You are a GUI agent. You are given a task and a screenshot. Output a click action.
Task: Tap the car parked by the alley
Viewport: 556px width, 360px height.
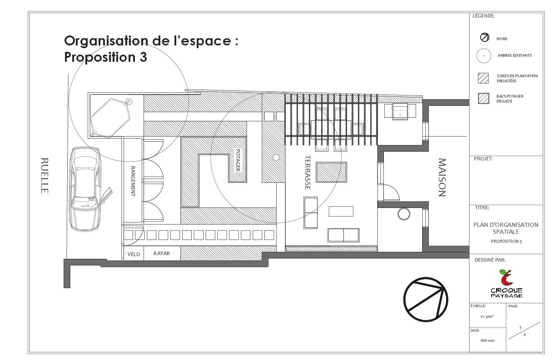tap(85, 188)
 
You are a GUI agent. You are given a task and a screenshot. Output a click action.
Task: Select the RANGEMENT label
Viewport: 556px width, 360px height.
tap(133, 181)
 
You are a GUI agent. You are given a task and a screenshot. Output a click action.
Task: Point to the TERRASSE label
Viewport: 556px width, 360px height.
tap(308, 173)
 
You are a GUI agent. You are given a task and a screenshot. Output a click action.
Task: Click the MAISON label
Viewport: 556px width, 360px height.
tap(442, 177)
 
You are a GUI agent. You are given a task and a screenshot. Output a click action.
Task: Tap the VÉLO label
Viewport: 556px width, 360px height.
tap(134, 254)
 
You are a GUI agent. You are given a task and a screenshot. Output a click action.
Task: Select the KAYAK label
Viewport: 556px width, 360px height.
tap(162, 254)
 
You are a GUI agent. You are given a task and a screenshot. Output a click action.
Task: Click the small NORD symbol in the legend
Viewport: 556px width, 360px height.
tap(484, 38)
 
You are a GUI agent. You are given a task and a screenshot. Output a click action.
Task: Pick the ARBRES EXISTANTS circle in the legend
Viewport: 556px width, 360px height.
tap(484, 55)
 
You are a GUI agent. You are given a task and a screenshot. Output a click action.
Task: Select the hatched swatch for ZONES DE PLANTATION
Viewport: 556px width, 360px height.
tap(484, 78)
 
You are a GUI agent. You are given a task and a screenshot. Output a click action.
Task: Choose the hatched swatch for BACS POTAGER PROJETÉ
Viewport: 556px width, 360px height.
tap(484, 99)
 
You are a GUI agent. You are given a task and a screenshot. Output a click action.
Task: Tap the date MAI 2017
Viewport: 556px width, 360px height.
tap(487, 340)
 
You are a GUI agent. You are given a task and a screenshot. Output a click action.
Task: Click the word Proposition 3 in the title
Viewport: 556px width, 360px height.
tap(105, 58)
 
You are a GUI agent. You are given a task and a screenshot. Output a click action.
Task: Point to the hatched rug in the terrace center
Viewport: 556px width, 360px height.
tap(331, 172)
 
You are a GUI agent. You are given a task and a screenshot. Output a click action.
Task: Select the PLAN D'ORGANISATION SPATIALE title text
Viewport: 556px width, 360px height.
tap(506, 228)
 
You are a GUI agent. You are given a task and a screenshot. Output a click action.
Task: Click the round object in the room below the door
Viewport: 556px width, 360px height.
tap(403, 213)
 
